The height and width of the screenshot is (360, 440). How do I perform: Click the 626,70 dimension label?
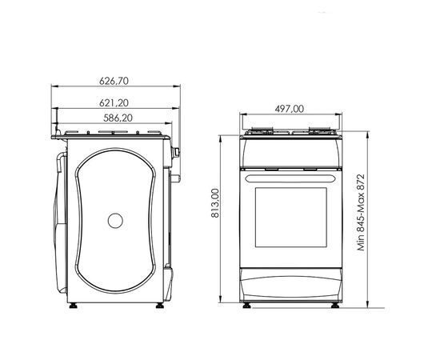pos(114,81)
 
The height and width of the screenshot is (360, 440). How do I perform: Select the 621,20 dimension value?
pos(114,103)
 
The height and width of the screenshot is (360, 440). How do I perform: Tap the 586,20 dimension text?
pos(118,118)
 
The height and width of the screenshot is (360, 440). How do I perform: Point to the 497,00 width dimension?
pos(290,109)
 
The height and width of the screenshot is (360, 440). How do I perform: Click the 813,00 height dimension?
pos(215,203)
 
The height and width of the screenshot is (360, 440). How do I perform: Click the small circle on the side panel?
pos(115,221)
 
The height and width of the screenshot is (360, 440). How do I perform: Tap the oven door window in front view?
pos(291,217)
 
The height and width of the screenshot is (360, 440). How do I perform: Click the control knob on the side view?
pos(176,152)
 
